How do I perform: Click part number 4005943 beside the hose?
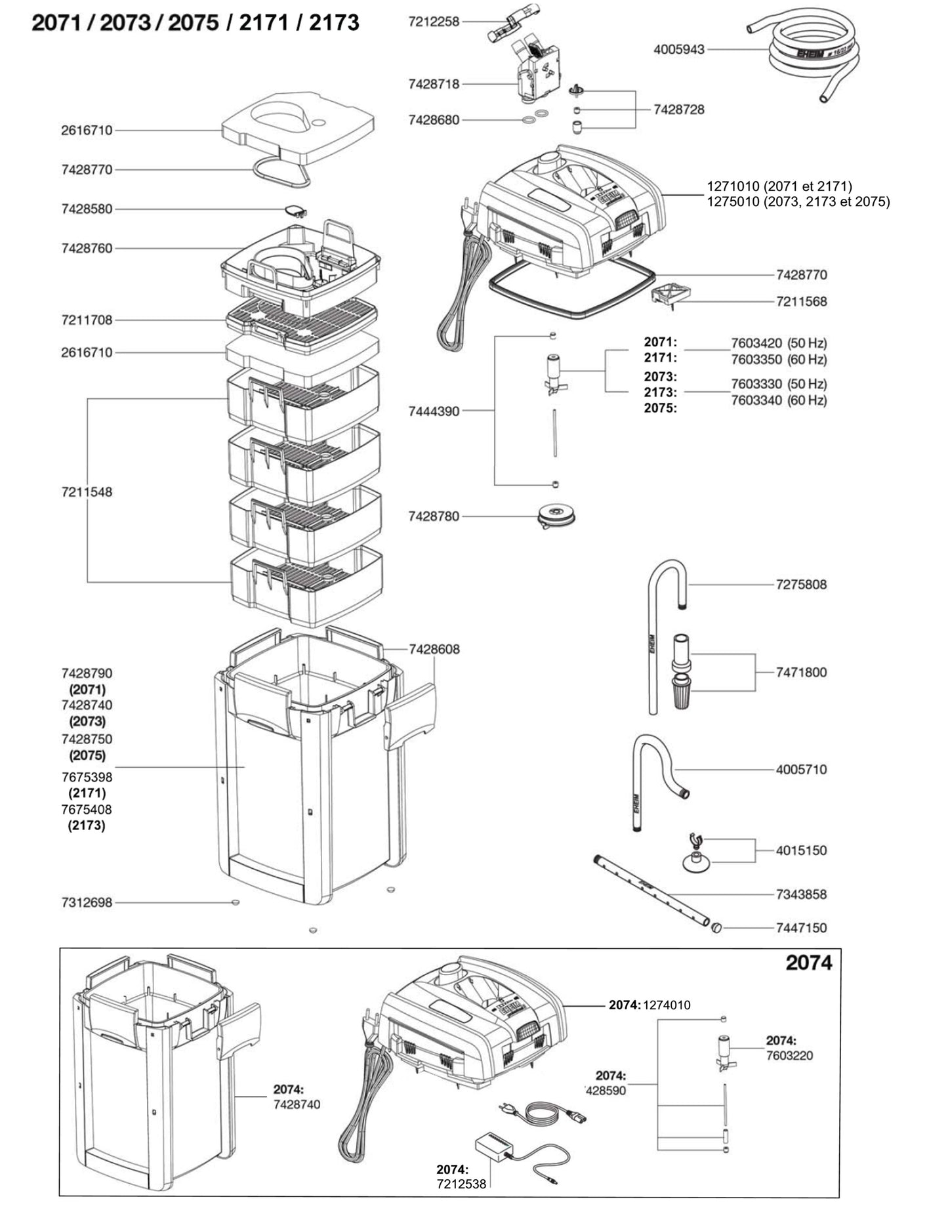tap(679, 49)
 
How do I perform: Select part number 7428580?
tap(87, 209)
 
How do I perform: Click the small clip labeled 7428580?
tap(295, 211)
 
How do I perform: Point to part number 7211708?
tap(87, 320)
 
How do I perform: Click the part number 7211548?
tap(87, 492)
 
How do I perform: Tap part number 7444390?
tap(434, 411)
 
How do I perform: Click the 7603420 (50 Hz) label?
tap(779, 343)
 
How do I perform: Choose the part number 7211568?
tap(801, 302)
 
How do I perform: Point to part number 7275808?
tap(801, 585)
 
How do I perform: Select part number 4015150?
tap(801, 850)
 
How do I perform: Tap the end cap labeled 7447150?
tap(716, 928)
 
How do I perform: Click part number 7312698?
tap(87, 903)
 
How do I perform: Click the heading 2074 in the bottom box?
tap(808, 963)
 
